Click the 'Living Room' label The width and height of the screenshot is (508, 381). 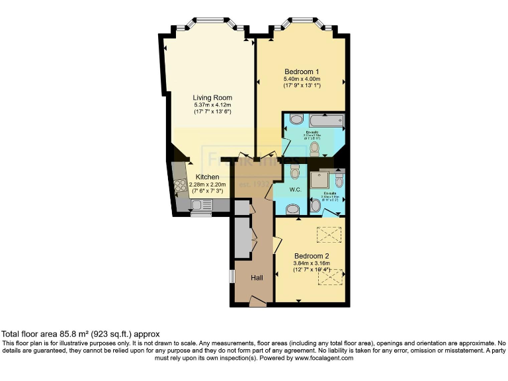coord(212,98)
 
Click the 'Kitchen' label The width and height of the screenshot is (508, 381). coord(207,177)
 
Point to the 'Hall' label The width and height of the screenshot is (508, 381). coord(257,278)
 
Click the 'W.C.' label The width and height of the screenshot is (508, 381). coord(295,190)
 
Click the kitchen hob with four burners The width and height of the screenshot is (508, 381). coord(180,185)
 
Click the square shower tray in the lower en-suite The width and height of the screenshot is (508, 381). coord(321,181)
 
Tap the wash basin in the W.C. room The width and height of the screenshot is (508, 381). coord(292,209)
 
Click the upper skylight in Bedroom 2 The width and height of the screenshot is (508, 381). coord(327,234)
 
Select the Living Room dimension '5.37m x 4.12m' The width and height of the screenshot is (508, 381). coord(212,105)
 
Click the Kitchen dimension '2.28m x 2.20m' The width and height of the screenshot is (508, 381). coord(207,185)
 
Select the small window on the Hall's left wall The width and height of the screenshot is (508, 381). coord(232,276)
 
